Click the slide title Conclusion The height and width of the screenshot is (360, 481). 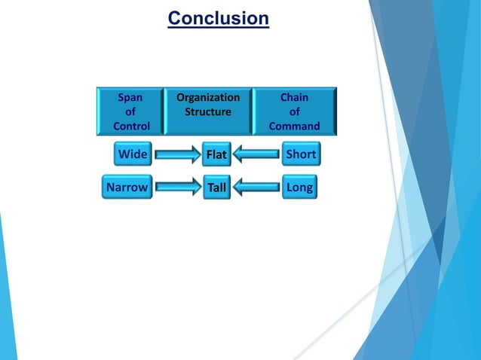(x=218, y=17)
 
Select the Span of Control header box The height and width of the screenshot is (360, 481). (x=130, y=111)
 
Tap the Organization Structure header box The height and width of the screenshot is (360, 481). (x=208, y=111)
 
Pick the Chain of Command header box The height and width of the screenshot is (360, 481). (x=294, y=111)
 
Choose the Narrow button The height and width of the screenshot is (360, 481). (x=127, y=187)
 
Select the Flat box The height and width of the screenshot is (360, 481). (x=216, y=155)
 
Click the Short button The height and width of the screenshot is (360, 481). (x=301, y=154)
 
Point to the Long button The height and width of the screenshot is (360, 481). (x=299, y=187)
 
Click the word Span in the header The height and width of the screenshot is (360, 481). (x=130, y=97)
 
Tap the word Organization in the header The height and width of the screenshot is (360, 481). (x=208, y=97)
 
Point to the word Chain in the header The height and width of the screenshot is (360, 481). (x=294, y=97)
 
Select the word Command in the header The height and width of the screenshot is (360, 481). (x=294, y=126)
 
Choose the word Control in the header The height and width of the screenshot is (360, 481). (x=131, y=126)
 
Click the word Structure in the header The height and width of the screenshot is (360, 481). (x=208, y=111)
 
